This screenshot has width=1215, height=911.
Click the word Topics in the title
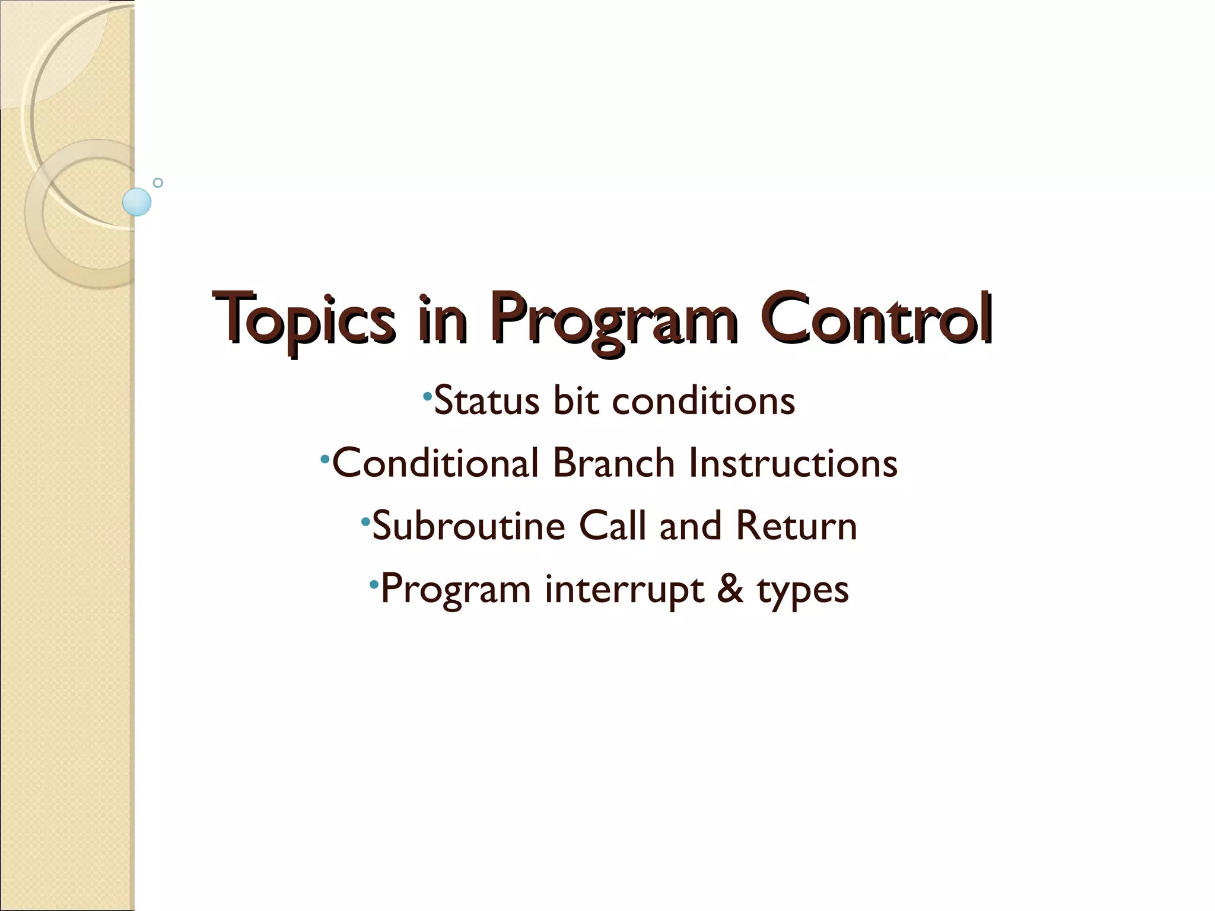304,320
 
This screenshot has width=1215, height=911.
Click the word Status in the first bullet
486,401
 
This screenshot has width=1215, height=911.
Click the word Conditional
435,463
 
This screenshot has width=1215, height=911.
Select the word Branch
613,463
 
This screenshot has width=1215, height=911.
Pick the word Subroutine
469,526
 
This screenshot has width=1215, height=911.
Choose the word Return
796,526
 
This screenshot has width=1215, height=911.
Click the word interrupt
625,590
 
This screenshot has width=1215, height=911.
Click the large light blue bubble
137,202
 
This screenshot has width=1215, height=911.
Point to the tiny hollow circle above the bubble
158,183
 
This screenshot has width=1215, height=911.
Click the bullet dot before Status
427,395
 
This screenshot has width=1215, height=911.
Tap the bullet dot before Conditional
325,458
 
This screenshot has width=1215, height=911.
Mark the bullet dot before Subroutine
365,521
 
